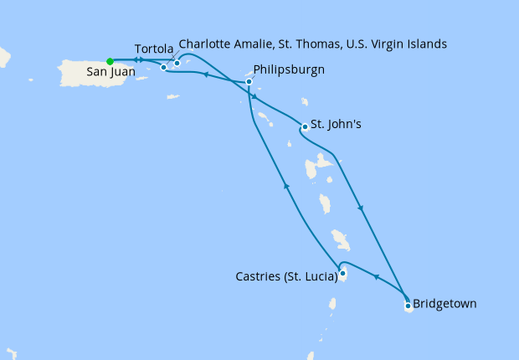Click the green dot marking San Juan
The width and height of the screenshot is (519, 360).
point(110,60)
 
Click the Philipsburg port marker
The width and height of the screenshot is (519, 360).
point(249,81)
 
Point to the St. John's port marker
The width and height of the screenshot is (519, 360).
point(304,127)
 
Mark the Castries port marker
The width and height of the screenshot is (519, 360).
point(343,273)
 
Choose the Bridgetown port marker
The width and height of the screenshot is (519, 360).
point(408,306)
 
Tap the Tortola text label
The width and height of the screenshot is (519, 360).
point(154,48)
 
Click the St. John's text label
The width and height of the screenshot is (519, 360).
point(336,125)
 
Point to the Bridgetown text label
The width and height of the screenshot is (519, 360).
point(444,303)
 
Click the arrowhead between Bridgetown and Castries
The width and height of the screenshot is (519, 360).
point(375,275)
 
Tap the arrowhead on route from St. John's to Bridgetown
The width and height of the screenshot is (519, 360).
point(360,208)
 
